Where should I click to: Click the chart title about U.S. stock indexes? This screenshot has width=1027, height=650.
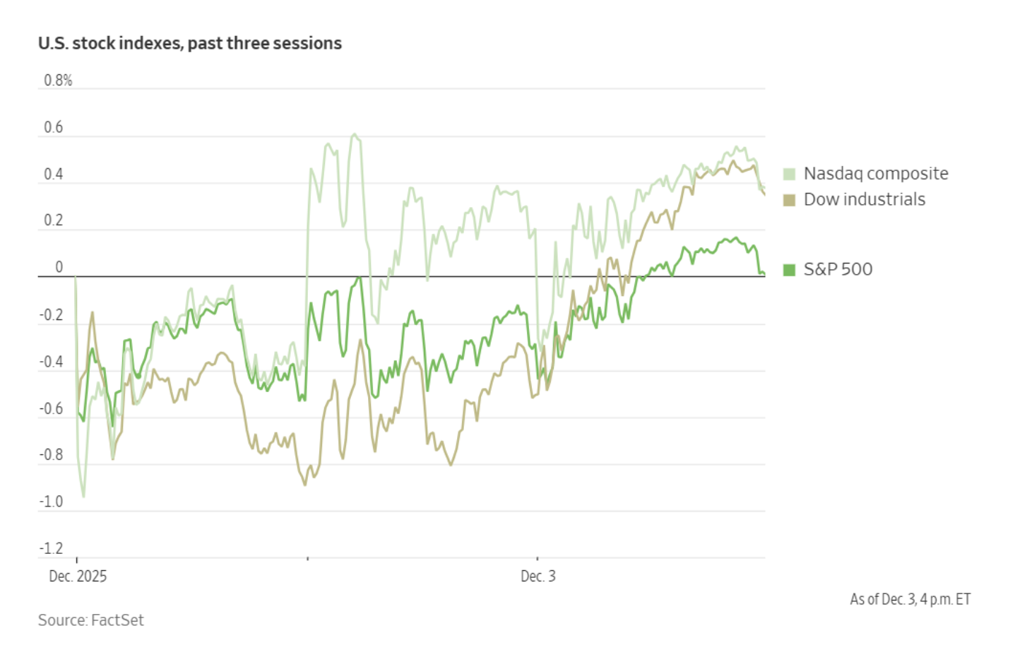pos(189,43)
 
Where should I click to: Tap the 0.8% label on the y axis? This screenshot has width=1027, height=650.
pos(58,81)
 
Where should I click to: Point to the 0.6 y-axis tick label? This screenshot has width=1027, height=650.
pos(54,127)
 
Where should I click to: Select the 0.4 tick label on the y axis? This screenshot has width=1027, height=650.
pos(54,174)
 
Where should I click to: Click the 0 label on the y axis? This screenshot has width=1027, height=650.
pos(59,267)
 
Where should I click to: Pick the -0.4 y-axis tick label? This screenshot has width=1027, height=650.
pos(52,362)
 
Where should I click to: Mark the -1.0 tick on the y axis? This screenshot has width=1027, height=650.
pos(52,502)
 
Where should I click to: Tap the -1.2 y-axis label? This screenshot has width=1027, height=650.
pos(52,548)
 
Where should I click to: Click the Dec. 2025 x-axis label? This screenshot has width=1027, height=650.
pos(78,577)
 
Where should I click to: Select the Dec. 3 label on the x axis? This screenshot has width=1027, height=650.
pos(538,577)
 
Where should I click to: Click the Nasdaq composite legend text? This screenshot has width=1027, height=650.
pos(876,174)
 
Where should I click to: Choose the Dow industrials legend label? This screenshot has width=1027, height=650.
pos(865,199)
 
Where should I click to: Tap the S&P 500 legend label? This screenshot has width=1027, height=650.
pos(838,269)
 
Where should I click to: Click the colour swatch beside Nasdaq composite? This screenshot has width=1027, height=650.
pos(789,174)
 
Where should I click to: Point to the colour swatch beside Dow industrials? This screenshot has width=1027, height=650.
pos(789,200)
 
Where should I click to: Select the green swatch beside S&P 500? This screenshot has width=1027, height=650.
pos(789,269)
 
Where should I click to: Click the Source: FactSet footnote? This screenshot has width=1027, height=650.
pos(91,620)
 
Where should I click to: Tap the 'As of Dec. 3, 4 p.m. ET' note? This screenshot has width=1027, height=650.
pos(910,600)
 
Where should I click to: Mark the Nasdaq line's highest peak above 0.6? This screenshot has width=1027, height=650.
pos(355,134)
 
